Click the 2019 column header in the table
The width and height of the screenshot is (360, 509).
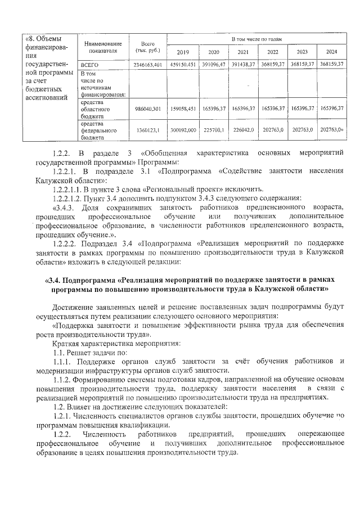coord(183,52)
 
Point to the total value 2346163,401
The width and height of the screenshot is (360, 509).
coord(148,65)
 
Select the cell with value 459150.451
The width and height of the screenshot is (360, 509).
coord(183,65)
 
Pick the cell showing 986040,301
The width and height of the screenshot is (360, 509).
coord(148,107)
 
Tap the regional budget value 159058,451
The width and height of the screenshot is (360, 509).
coord(183,107)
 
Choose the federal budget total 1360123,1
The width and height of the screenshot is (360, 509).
coord(148,130)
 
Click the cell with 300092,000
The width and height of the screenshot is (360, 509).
coord(183,130)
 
